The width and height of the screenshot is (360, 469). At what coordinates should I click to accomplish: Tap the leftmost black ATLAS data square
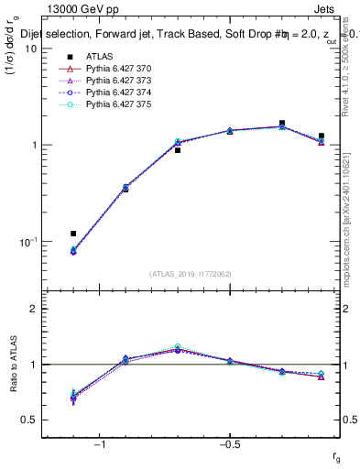73,234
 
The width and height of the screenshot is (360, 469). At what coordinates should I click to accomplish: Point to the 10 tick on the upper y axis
32,49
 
